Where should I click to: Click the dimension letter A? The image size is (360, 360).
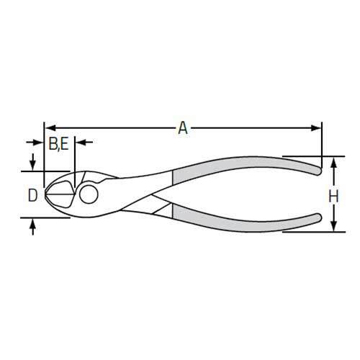pyautogui.click(x=183, y=128)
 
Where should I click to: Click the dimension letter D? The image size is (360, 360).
pyautogui.click(x=32, y=194)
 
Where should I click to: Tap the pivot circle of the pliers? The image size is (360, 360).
pyautogui.click(x=90, y=194)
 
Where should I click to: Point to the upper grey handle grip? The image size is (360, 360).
pyautogui.click(x=238, y=171)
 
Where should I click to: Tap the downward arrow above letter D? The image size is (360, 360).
pyautogui.click(x=32, y=165)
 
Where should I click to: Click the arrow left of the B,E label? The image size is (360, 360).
pyautogui.click(x=38, y=143)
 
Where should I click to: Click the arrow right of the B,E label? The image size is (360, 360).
pyautogui.click(x=80, y=143)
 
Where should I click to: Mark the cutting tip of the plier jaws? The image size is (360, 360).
pyautogui.click(x=48, y=194)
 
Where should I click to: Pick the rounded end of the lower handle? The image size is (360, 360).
pyautogui.click(x=318, y=219)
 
